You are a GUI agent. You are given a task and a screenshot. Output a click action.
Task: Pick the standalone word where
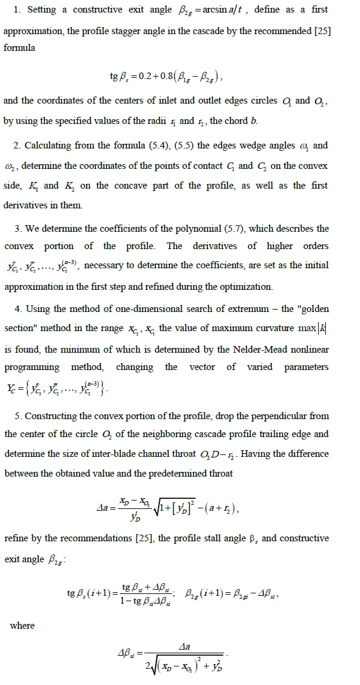click(23, 625)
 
